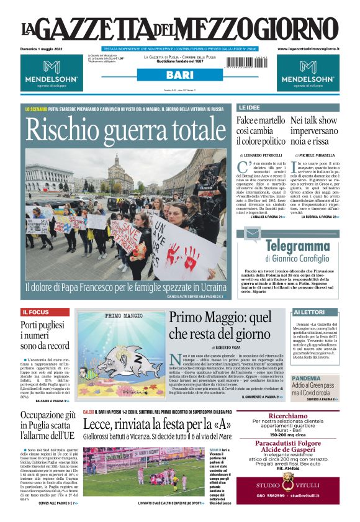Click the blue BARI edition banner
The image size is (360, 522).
tap(179, 75)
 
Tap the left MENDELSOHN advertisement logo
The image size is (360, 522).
tap(51, 72)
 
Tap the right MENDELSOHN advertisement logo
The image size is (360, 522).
tap(308, 72)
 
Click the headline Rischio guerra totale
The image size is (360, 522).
tap(118, 129)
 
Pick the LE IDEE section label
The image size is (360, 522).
tap(250, 107)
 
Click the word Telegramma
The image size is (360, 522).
tap(297, 246)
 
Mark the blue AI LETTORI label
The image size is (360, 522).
tap(308, 312)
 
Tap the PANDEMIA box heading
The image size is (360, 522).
tap(307, 377)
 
